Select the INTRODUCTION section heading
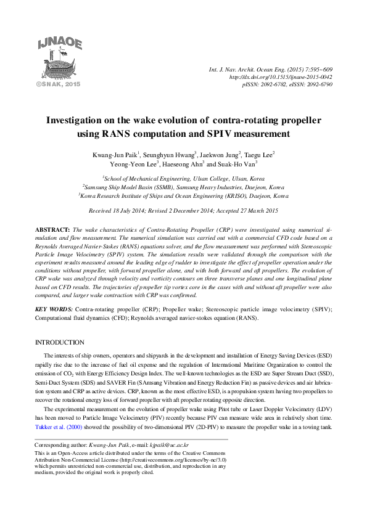[59, 342]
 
